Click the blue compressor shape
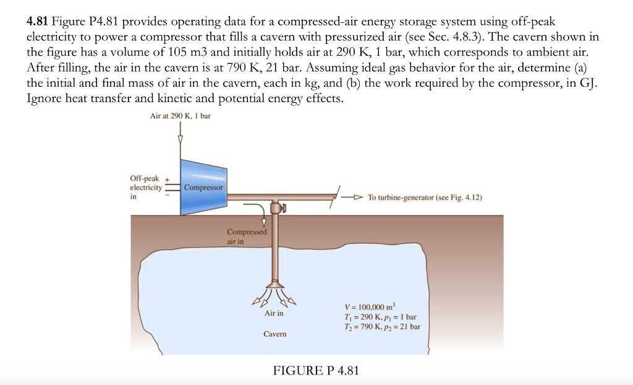click(x=203, y=188)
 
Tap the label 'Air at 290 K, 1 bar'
click(x=181, y=116)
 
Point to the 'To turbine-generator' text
click(x=424, y=197)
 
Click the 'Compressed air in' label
click(x=246, y=236)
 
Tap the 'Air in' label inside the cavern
click(x=274, y=313)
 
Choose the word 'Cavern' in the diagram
click(x=274, y=334)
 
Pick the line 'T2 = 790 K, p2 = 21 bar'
click(x=382, y=326)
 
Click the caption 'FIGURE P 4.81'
click(x=315, y=371)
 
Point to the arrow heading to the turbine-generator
click(x=356, y=197)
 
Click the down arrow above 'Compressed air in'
click(x=265, y=222)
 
